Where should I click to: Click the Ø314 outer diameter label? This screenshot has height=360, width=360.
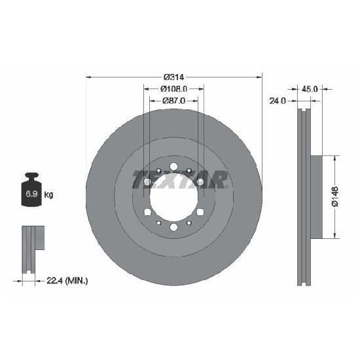point(173,77)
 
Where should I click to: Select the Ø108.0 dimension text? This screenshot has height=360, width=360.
point(174,89)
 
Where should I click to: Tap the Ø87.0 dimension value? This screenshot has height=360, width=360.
point(174,101)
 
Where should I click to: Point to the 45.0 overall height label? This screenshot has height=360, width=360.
point(310,89)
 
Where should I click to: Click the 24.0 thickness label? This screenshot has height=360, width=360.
point(278,101)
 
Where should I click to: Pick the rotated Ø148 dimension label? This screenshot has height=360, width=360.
point(335,196)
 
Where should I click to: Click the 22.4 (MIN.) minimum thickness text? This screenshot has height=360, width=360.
point(67,280)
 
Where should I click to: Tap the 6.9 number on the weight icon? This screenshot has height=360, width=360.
point(31,194)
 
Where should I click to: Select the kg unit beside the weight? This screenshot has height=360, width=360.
point(48,195)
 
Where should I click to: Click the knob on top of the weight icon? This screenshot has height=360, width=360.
point(31,177)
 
